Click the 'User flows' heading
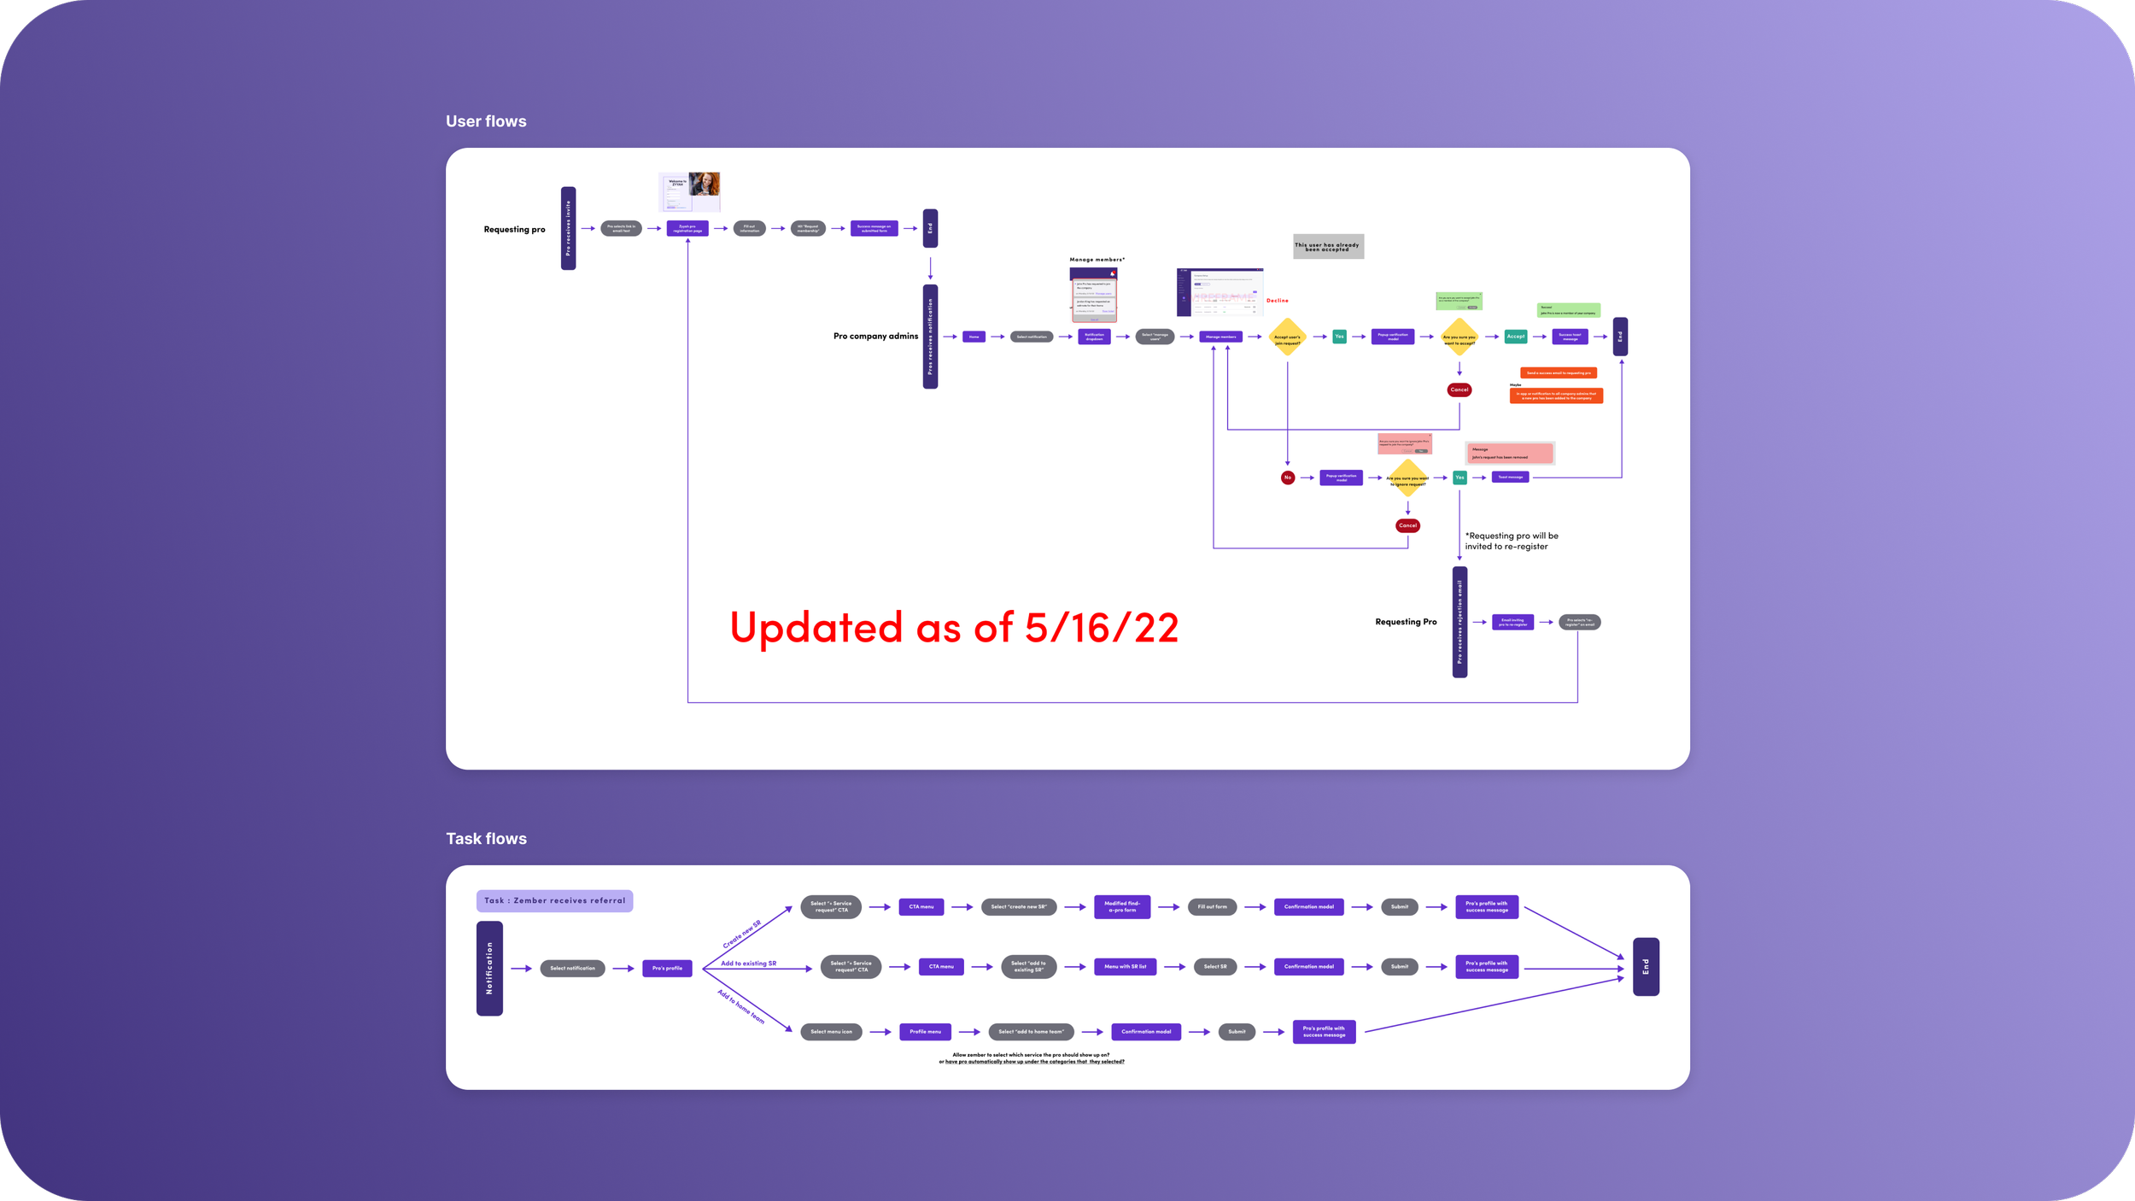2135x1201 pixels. [486, 121]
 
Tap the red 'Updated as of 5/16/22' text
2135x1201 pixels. [954, 628]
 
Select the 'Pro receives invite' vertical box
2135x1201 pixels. [568, 228]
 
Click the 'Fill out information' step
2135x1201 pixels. [749, 229]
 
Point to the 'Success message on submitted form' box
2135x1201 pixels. [874, 229]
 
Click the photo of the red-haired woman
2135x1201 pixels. [705, 185]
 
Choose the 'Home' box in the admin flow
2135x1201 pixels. [974, 337]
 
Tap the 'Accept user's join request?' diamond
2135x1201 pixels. [1287, 337]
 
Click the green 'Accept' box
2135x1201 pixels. [1515, 337]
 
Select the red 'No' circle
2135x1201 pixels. [1288, 477]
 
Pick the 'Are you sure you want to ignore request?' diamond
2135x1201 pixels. [1407, 478]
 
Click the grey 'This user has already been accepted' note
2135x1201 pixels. [1328, 246]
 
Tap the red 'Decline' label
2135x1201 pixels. [1278, 301]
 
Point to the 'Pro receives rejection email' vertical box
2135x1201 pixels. [1459, 622]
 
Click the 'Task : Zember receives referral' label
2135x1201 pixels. [554, 900]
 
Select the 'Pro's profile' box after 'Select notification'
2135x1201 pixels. [667, 968]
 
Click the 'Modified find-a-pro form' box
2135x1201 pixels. [1121, 906]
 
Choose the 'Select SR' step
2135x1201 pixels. [1214, 967]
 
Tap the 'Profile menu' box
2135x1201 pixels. [925, 1032]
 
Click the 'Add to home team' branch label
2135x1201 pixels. [741, 1006]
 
